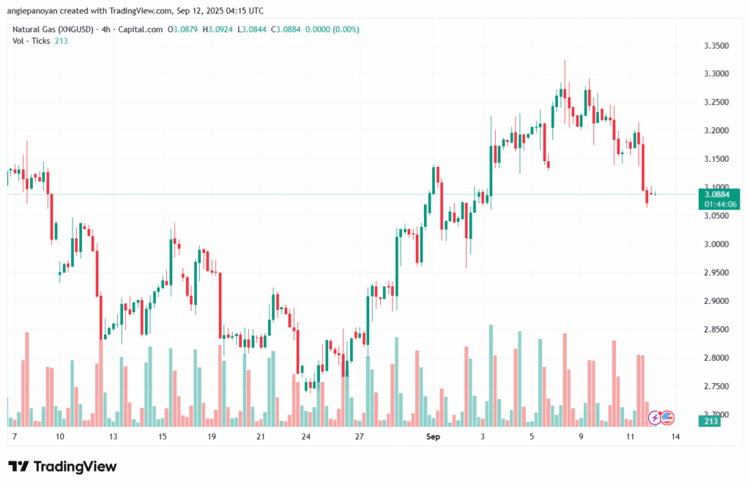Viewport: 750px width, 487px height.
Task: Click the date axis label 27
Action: [359, 436]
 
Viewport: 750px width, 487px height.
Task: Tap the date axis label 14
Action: [675, 436]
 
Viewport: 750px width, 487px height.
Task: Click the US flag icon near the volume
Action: [667, 417]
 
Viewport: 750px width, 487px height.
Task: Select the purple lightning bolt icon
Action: [655, 417]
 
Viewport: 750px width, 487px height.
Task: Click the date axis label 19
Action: [212, 436]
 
